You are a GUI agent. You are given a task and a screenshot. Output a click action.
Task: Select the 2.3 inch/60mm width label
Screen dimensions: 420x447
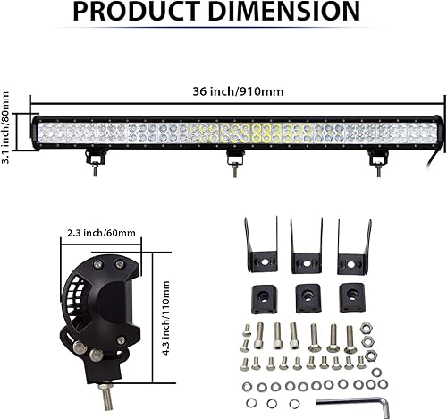(101, 233)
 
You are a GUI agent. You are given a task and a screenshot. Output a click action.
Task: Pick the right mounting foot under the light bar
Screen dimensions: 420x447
(376, 159)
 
